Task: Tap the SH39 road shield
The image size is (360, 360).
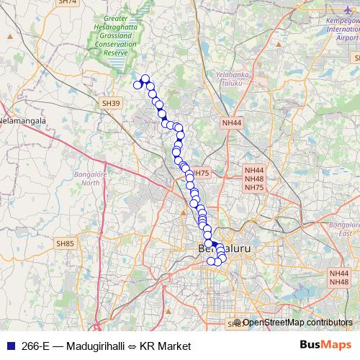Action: pos(111,104)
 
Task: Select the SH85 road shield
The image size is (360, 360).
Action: pos(66,244)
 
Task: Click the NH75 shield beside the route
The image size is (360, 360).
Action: pos(199,174)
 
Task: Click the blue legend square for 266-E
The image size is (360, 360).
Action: pos(10,346)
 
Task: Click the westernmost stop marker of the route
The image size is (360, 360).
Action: pos(138,86)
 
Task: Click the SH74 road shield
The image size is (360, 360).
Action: pos(67,2)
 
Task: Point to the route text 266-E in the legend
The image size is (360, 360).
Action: pos(36,346)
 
